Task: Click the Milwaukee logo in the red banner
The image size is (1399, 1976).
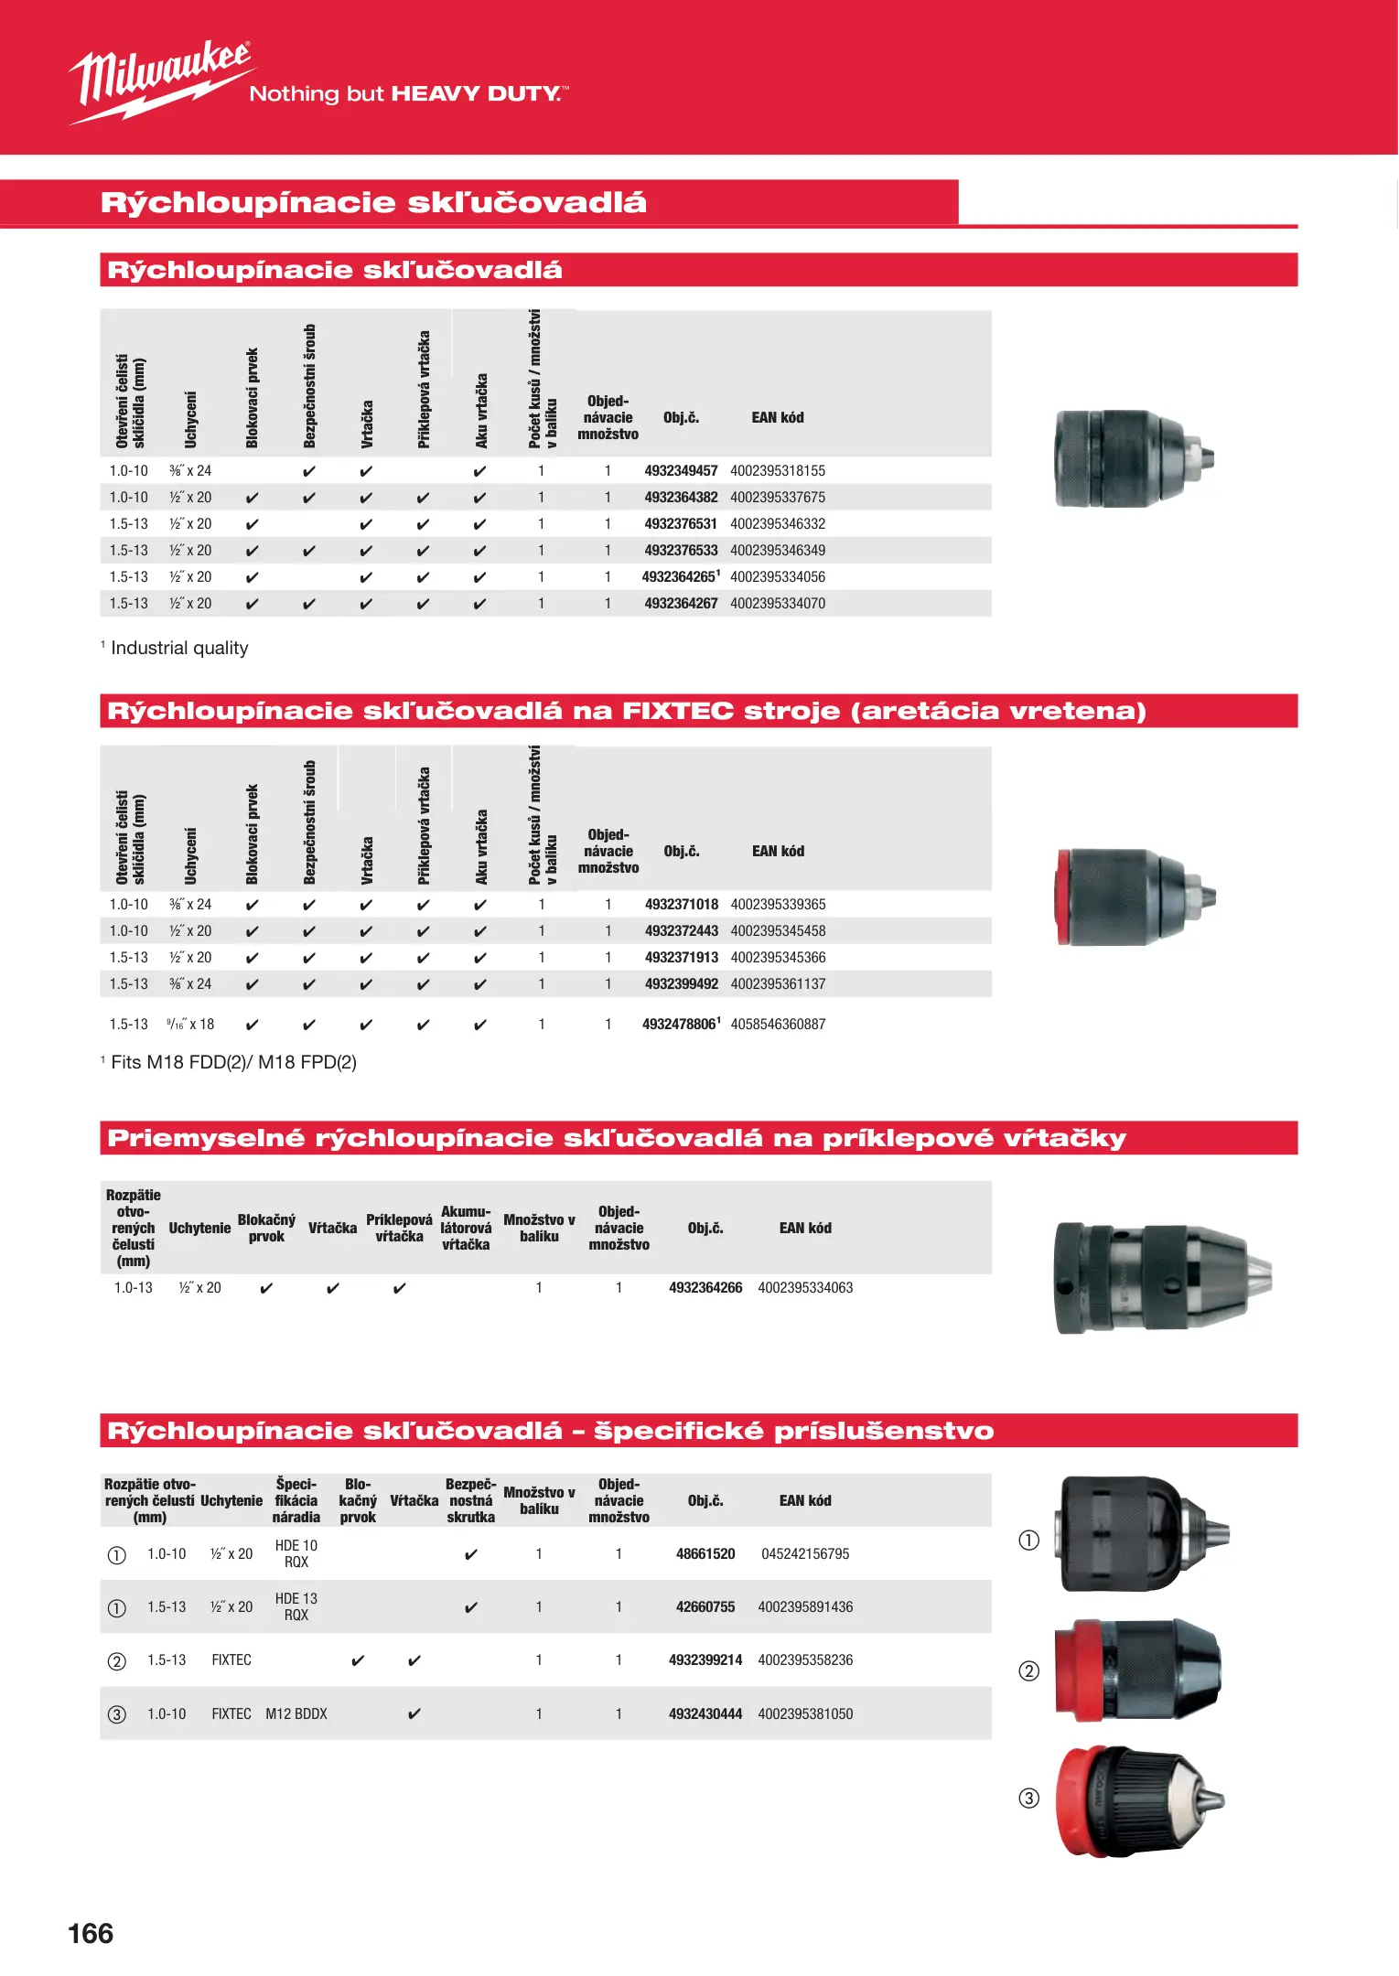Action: (x=160, y=80)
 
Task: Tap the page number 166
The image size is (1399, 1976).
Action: (x=91, y=1933)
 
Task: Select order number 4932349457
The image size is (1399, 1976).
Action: (x=681, y=471)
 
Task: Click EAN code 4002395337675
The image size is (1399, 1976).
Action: (x=778, y=498)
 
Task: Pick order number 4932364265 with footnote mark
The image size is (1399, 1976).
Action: (x=681, y=577)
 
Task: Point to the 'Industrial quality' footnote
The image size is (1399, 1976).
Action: (x=178, y=649)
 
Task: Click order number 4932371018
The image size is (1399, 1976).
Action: (x=682, y=905)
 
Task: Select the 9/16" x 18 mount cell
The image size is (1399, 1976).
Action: (x=190, y=1025)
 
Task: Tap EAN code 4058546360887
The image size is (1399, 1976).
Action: (x=778, y=1025)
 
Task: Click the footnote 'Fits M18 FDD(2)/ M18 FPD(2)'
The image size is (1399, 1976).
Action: (x=232, y=1062)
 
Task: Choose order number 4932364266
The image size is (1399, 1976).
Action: (x=705, y=1288)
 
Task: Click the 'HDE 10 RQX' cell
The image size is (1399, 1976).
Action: (x=296, y=1553)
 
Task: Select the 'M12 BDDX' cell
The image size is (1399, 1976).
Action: (x=296, y=1713)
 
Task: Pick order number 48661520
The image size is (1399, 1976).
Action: (x=705, y=1554)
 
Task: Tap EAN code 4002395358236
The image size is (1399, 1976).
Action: (x=805, y=1660)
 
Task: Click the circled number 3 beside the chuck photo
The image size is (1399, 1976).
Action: (x=1029, y=1799)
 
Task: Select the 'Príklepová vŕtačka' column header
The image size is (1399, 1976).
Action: (x=399, y=1228)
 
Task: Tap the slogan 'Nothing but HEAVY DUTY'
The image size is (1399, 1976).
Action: (x=409, y=94)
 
